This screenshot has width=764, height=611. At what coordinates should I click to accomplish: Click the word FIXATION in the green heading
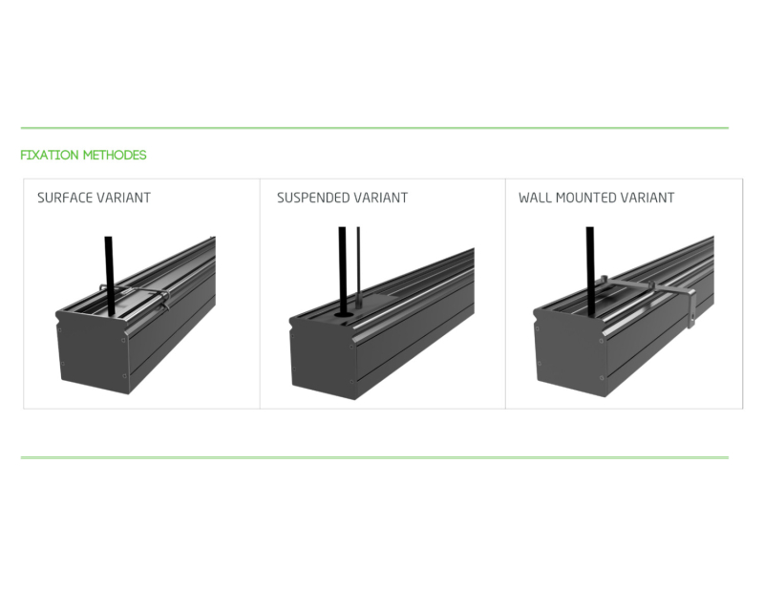[50, 155]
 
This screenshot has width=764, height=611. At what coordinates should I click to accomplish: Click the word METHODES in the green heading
[115, 155]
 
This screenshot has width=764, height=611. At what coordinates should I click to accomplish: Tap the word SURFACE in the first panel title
[65, 198]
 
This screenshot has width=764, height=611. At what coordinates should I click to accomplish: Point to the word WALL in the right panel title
[535, 198]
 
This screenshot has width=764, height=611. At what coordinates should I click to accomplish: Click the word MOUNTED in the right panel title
[581, 198]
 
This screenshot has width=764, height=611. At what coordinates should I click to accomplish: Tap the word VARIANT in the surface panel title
[124, 198]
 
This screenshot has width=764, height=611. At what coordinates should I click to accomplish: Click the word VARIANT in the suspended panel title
[380, 198]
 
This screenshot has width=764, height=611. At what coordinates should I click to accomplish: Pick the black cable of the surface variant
[109, 276]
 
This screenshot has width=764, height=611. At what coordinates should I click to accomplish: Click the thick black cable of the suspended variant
[343, 270]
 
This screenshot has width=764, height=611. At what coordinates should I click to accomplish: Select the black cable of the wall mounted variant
[590, 271]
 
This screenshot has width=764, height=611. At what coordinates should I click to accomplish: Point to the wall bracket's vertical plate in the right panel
[691, 307]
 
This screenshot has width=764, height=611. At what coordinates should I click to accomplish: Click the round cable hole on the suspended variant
[344, 315]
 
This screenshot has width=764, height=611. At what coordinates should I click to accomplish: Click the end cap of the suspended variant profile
[325, 358]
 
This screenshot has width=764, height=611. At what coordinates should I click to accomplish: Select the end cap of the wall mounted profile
[570, 353]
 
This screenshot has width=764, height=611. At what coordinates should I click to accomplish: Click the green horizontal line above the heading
[374, 128]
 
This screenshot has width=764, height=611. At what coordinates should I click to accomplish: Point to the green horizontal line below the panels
[374, 457]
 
